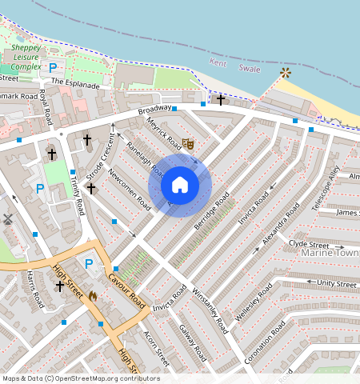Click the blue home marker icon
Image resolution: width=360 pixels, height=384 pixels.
tap(180, 186)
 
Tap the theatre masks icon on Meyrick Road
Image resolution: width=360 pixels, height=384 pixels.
tap(188, 144)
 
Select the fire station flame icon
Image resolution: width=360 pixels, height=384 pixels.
tap(93, 295)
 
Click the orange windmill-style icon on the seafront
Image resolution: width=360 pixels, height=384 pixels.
tap(286, 74)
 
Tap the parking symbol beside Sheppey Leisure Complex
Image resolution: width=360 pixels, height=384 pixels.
tap(53, 68)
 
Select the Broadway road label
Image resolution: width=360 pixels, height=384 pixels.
tap(154, 110)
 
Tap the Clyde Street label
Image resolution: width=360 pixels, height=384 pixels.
tap(309, 244)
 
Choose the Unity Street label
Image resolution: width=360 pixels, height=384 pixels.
tap(336, 284)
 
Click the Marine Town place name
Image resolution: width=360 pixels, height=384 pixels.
tap(330, 254)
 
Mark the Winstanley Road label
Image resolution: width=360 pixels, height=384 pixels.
tap(210, 307)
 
